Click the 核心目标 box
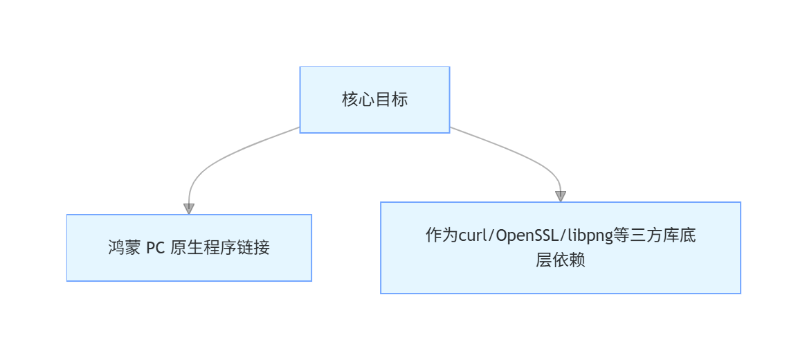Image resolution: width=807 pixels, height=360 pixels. [x=374, y=100]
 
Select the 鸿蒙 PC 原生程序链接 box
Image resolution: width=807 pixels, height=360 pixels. [x=189, y=248]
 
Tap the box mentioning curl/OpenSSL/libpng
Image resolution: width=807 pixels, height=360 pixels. [x=560, y=248]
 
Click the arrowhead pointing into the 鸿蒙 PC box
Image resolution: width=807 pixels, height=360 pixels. [x=189, y=208]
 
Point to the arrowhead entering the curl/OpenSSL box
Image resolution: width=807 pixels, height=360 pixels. [x=561, y=196]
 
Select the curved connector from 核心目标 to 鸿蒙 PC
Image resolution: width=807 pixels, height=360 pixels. [x=215, y=160]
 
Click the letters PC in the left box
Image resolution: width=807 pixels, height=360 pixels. [x=155, y=248]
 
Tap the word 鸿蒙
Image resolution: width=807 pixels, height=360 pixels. [x=124, y=248]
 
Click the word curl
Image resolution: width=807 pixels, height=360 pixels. [x=473, y=236]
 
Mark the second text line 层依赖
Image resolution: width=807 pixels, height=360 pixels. [x=560, y=261]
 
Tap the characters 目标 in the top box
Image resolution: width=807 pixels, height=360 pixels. [x=391, y=100]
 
